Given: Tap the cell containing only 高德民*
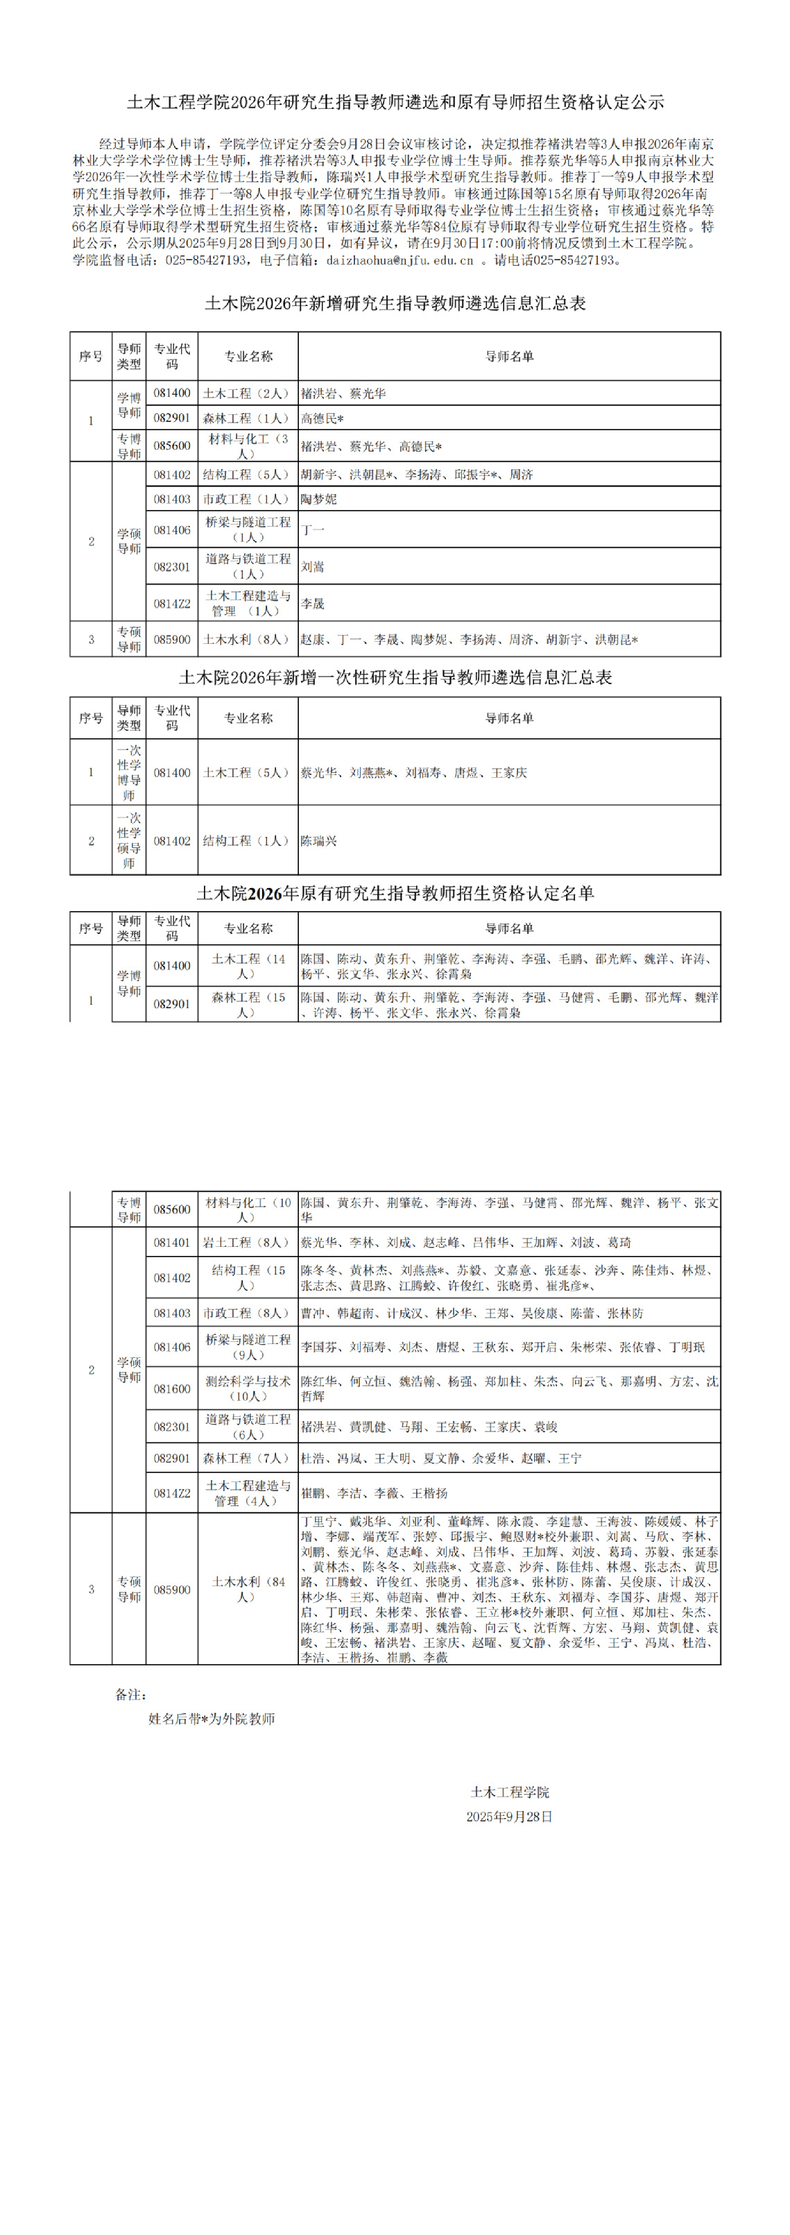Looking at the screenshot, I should (x=323, y=418).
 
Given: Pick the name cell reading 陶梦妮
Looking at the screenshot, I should (x=318, y=499).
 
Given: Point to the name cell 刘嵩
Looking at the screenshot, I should (x=312, y=567).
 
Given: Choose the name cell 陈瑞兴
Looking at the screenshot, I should (x=318, y=841).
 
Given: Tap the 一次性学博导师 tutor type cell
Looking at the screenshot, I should (x=129, y=772).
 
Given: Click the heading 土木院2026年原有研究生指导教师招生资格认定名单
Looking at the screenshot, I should (x=395, y=894).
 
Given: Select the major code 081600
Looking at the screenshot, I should (x=172, y=1388).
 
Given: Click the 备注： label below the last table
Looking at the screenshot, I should (x=131, y=1694).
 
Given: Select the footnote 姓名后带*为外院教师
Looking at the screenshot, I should (x=212, y=1719).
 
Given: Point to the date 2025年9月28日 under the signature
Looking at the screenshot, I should (x=510, y=1817).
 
